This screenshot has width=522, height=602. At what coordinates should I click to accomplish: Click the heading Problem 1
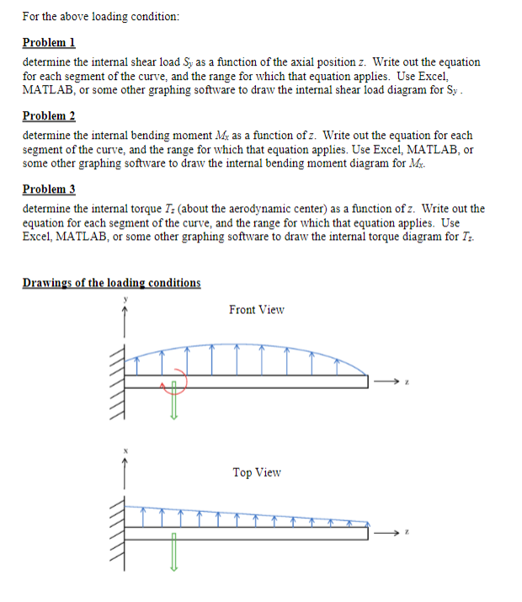[49, 42]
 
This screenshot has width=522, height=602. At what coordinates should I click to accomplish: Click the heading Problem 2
[49, 115]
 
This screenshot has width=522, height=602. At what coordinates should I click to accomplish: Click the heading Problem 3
[49, 189]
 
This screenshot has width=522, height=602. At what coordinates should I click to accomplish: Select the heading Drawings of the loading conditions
[111, 282]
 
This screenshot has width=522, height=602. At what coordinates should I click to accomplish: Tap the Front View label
[257, 310]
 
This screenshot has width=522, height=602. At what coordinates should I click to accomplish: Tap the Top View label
[257, 472]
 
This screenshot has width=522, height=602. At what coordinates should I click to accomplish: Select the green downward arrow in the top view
[174, 556]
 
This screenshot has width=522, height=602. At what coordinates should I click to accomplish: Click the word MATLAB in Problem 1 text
[49, 88]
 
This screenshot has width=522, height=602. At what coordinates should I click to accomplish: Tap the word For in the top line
[33, 16]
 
